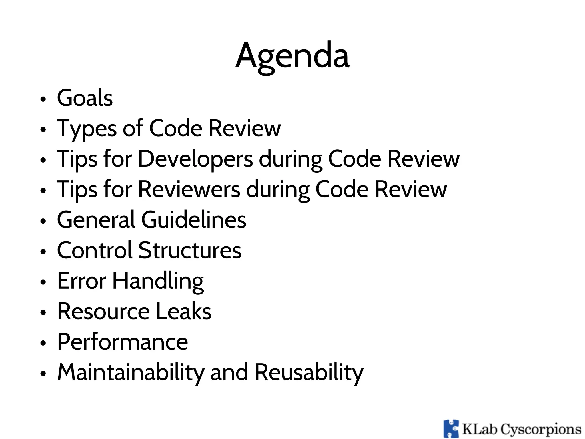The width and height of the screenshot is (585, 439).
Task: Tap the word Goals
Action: [85, 98]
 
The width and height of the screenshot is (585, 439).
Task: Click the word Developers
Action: [195, 159]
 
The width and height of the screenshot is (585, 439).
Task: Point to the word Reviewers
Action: [189, 189]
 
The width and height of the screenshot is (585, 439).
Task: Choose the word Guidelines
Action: [193, 220]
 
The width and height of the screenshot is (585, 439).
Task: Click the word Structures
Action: [190, 250]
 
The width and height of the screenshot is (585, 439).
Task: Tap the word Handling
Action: [158, 281]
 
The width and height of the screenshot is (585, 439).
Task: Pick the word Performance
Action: [123, 342]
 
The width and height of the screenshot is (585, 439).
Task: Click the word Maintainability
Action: [131, 372]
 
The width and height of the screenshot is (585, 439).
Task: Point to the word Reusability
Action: [309, 372]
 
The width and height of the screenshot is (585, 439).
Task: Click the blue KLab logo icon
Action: [451, 429]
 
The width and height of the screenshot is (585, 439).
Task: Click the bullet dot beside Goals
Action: [43, 99]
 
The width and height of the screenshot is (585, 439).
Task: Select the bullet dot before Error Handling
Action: [43, 282]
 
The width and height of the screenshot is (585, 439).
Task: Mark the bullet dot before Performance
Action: [43, 343]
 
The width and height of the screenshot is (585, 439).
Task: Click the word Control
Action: [95, 250]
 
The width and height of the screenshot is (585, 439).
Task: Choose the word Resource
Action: [103, 311]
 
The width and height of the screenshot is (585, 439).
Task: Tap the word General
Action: [96, 220]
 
